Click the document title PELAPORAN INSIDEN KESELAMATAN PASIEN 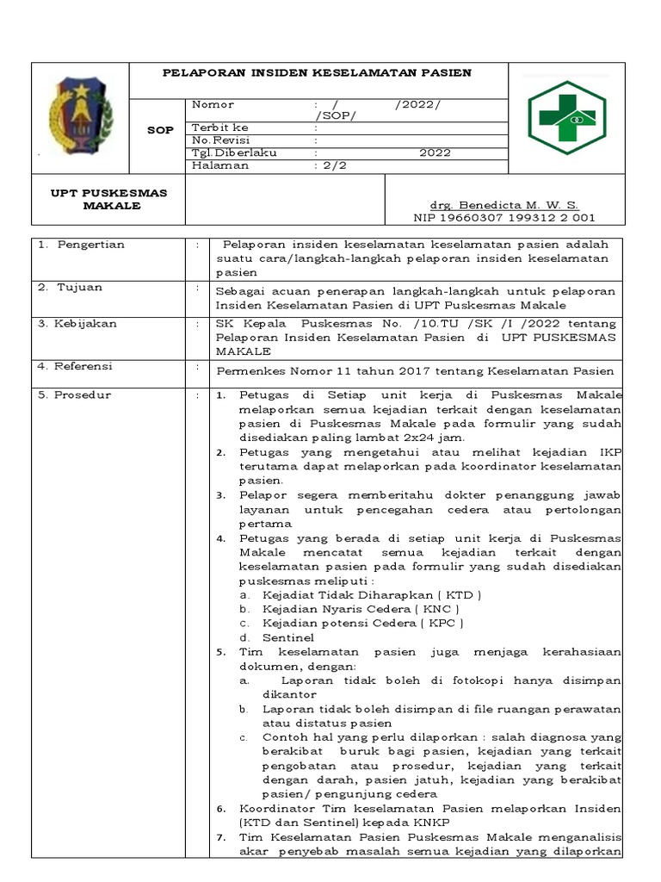pos(317,72)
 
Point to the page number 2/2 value pos(330,165)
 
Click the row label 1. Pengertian pos(82,245)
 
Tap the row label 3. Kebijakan pos(78,324)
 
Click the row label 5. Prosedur pos(75,395)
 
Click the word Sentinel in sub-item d pos(288,637)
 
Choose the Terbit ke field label pos(220,127)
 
